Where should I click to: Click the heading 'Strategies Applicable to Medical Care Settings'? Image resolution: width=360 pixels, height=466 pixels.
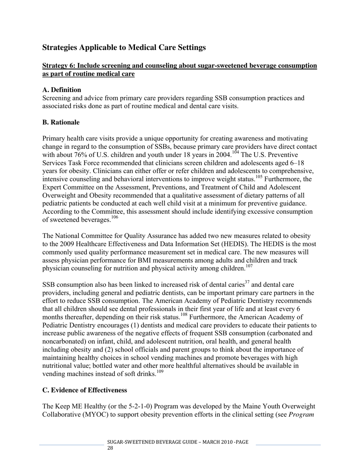pos(124,48)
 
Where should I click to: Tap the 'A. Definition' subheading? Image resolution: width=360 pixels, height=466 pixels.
pos(61,90)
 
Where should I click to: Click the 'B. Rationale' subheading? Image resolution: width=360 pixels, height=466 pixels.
pos(61,122)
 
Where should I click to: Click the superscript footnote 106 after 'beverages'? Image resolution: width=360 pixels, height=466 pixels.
pos(114,217)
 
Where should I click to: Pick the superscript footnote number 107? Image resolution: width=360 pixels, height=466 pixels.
pos(249,266)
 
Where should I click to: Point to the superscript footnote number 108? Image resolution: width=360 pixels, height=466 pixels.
pos(184,314)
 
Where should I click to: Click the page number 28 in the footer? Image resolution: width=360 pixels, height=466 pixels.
pos(110,448)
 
